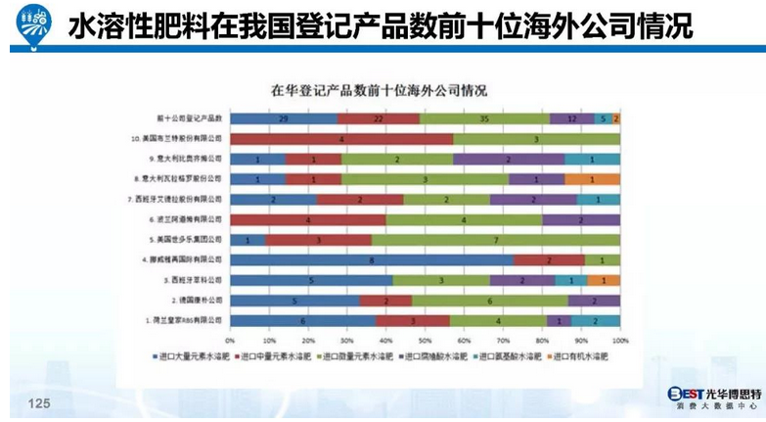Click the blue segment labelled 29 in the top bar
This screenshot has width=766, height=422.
coord(283,118)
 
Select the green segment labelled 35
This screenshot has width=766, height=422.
coord(484,118)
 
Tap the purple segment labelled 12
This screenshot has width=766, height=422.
coord(571,118)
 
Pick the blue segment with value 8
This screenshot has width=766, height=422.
coord(372,260)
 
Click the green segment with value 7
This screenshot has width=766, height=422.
coord(496,240)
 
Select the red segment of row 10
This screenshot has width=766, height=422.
coord(340,139)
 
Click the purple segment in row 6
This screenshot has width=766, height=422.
coord(581,220)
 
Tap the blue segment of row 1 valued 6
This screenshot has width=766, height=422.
coord(302,320)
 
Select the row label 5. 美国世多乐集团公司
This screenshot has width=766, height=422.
coord(187,240)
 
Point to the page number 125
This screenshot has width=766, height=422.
coord(39,402)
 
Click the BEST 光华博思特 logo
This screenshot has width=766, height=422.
coord(709,396)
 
